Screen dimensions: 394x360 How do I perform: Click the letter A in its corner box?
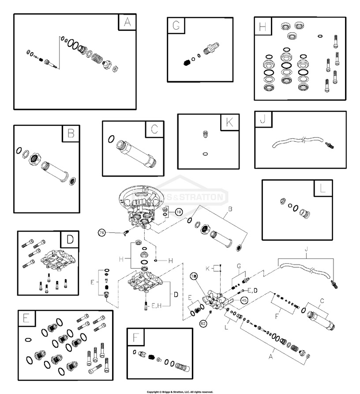pos(127,23)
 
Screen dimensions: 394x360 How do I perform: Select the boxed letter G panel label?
pos(176,26)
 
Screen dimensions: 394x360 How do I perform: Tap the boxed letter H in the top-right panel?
pos(263,27)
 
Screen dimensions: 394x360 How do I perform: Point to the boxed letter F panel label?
pos(135,337)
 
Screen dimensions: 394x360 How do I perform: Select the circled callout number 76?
pos(101,233)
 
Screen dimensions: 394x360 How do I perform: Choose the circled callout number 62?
pos(204,323)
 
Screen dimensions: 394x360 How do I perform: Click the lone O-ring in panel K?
pos(204,154)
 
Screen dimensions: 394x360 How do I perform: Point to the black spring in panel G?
pos(187,62)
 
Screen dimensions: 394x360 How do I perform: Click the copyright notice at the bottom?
pos(180,391)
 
